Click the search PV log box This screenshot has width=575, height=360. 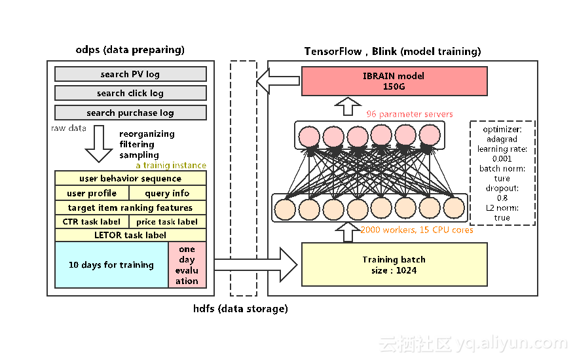(x=130, y=74)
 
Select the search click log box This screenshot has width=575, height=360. (x=130, y=93)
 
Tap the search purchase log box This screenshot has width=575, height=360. (x=130, y=113)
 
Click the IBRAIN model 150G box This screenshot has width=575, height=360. (x=394, y=81)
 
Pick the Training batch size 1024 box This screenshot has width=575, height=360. (x=394, y=264)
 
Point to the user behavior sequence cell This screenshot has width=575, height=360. (x=130, y=178)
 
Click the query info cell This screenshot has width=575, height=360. (x=167, y=193)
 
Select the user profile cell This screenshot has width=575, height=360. (x=92, y=193)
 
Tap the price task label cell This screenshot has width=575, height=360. (x=167, y=222)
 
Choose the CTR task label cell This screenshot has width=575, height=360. (x=92, y=222)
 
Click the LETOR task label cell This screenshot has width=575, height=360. (x=130, y=235)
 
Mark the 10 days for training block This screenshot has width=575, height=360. (x=111, y=265)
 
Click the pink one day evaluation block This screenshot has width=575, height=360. (x=187, y=265)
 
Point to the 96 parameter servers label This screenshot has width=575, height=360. (x=409, y=115)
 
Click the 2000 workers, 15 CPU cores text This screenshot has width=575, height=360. (x=417, y=230)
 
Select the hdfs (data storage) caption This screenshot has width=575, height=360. (x=240, y=308)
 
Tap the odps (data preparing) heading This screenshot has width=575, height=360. (x=130, y=50)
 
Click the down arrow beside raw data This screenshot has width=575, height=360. (x=100, y=145)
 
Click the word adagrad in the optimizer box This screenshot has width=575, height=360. (x=502, y=139)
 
